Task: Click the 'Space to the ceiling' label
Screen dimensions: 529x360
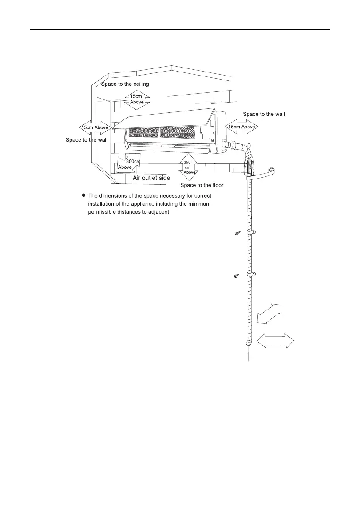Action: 125,84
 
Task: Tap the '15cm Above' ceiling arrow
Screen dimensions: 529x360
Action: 137,99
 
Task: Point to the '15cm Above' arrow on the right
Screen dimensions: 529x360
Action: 242,127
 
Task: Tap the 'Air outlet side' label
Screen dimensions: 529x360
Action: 151,178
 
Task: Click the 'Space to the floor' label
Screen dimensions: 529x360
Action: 202,185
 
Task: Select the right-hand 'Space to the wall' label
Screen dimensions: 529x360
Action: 264,114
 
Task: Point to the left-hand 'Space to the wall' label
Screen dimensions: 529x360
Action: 87,140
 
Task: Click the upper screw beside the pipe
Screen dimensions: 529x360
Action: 237,234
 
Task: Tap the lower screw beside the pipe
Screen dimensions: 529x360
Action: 237,276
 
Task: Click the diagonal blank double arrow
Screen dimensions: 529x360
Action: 269,314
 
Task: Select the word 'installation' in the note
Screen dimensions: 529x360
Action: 103,203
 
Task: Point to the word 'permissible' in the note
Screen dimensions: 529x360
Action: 103,212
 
